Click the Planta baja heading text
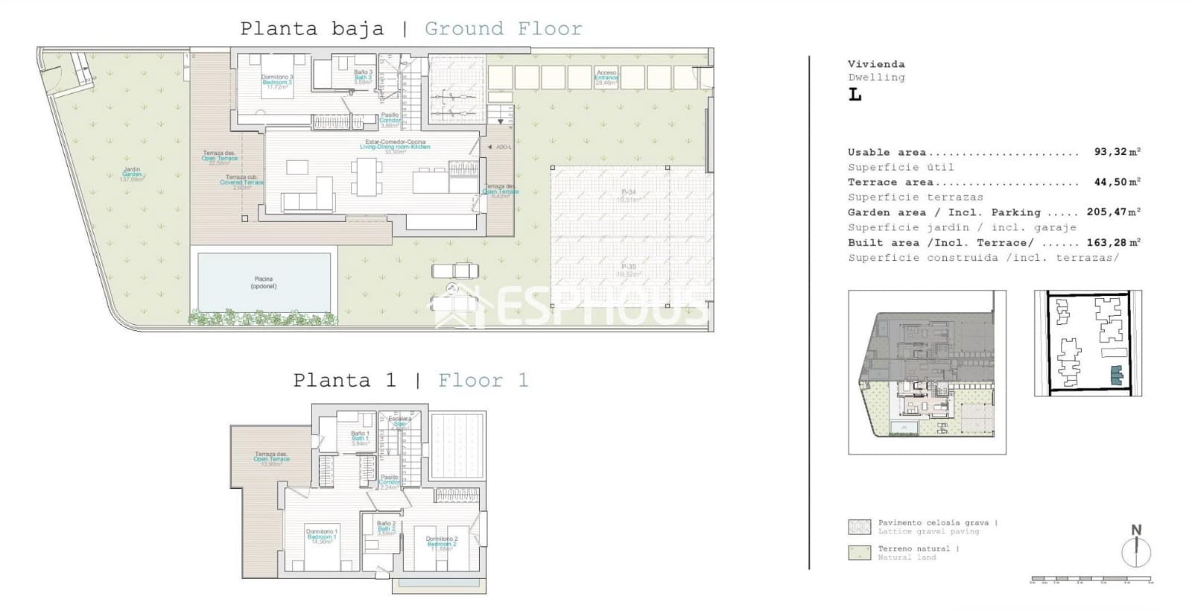point(311,29)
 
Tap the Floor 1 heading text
point(483,381)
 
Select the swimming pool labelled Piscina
point(263,282)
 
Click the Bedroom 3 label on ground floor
point(276,81)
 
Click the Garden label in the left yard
point(132,174)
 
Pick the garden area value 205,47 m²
point(1113,212)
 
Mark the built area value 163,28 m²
point(1113,242)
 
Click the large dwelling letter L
point(855,95)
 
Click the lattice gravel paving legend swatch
point(859,527)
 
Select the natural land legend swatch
point(859,552)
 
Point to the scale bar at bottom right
point(1091,579)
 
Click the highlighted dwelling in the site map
point(1115,376)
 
